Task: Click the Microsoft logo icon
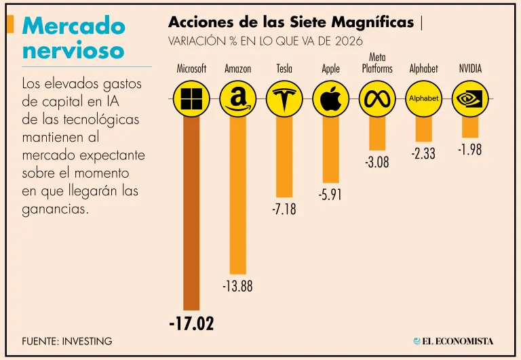point(191,99)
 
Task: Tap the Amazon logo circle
point(238,99)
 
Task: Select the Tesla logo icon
point(284,99)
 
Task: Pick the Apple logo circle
point(330,99)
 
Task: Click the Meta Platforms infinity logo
point(377,99)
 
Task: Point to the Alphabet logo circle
point(424,99)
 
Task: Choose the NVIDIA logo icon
point(470,99)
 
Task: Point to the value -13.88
point(237,287)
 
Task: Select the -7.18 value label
point(284,210)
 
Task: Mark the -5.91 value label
point(330,195)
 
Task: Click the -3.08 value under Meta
point(377,163)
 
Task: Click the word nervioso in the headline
point(73,50)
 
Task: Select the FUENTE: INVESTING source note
point(67,340)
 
